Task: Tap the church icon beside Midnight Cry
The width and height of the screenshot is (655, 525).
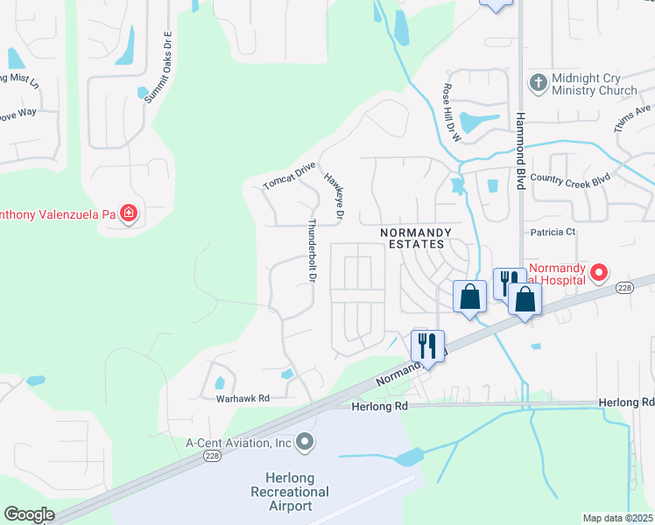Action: point(538,82)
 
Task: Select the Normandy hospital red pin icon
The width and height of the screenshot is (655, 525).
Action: point(600,272)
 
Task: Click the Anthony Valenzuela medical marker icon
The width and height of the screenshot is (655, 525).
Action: point(129,213)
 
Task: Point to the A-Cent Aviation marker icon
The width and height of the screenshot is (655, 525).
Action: point(305,443)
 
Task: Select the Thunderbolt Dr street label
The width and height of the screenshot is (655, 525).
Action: point(311,250)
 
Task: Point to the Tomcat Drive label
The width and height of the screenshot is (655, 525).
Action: point(289,176)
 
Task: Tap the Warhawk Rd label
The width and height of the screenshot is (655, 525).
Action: point(243,398)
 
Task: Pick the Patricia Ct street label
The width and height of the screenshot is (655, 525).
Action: point(553,232)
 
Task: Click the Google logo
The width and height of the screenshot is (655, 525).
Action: point(30,514)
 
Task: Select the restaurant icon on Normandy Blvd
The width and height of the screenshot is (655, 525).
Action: point(427,344)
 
